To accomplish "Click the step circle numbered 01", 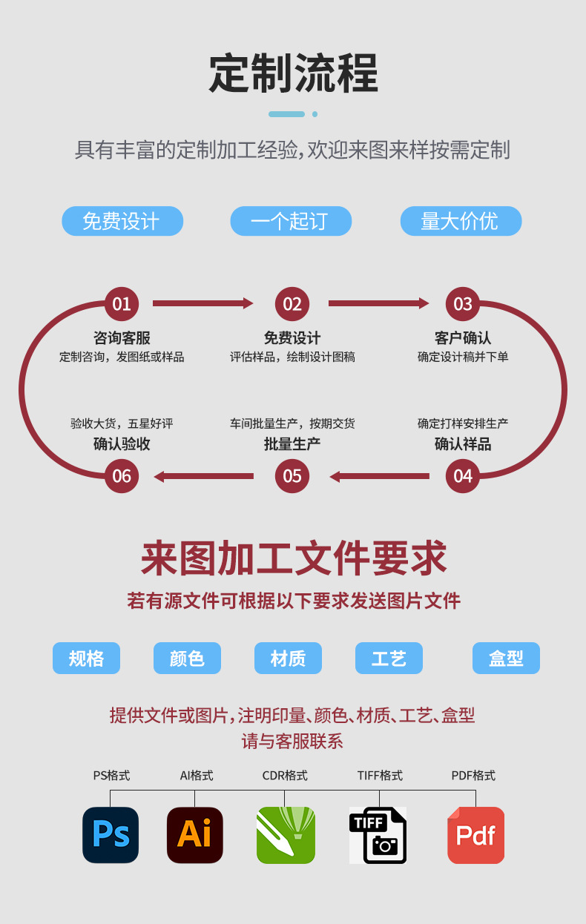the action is (122, 304).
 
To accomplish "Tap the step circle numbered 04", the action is (463, 476).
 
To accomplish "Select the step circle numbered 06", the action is (122, 476).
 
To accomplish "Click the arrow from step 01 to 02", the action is (203, 303).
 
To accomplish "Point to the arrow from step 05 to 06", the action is (204, 476).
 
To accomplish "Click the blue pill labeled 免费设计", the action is (122, 221).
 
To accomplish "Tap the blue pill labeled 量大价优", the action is (461, 221).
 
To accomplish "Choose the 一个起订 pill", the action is (291, 221).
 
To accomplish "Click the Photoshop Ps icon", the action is (111, 835).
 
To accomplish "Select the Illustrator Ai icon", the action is (195, 835).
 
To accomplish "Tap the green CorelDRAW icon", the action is (286, 835).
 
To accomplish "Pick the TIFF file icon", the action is (378, 835).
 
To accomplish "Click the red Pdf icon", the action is (475, 835).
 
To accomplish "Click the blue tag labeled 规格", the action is (86, 658).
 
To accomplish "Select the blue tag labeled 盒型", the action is (506, 658).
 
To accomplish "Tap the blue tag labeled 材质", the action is (288, 658).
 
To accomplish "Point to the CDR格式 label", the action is (285, 776).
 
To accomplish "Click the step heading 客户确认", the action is (463, 338).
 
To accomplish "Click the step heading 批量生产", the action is (292, 444).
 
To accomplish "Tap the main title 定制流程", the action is (294, 73).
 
